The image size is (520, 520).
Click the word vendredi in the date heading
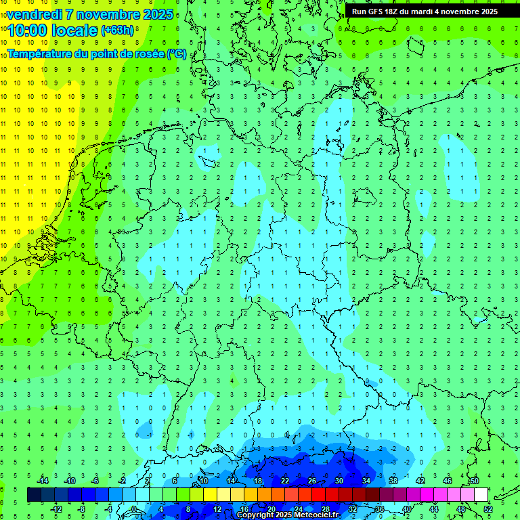pos(35,14)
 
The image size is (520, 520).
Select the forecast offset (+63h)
pos(117,30)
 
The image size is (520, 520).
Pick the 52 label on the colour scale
pos(488,509)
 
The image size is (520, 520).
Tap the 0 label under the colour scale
pos(134,509)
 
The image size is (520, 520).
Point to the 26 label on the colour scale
pos(312,481)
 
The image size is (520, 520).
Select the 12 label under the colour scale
pos(217,509)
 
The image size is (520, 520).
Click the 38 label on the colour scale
pos(393,481)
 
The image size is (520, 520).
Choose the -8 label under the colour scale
pos(81,509)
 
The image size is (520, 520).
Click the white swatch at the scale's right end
pos(481,495)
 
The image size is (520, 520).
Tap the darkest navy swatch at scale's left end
pos(34,495)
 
